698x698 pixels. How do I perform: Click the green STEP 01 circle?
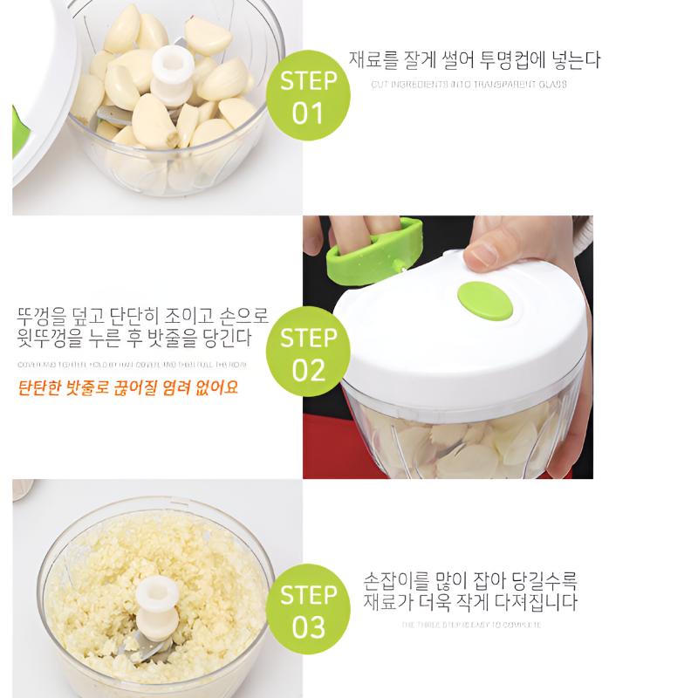[x=308, y=97]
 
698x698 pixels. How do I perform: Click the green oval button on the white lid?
[x=486, y=302]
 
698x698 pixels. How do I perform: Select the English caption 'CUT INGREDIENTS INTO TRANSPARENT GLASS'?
[x=469, y=85]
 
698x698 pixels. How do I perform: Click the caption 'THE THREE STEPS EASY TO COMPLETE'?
[x=471, y=625]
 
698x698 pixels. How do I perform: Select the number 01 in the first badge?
[x=308, y=113]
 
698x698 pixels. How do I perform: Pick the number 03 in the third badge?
[x=308, y=627]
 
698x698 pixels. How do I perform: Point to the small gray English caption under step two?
[x=132, y=363]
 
